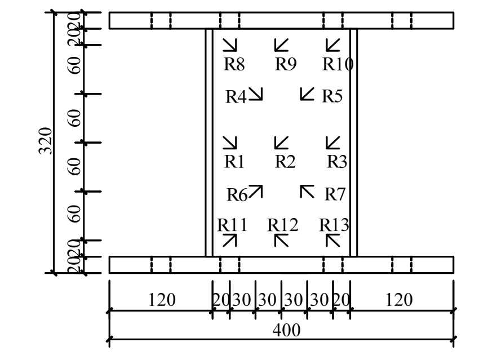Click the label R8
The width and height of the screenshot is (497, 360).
(x=234, y=64)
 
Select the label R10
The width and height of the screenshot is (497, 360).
(x=338, y=64)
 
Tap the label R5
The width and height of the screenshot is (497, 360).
(x=332, y=96)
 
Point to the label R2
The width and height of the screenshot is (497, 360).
(x=285, y=162)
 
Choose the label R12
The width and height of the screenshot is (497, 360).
(x=282, y=225)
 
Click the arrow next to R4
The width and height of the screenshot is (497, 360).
(x=256, y=94)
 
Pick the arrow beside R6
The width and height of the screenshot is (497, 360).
(x=256, y=192)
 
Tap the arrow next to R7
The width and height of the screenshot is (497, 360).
(x=307, y=192)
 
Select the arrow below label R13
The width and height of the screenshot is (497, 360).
(x=334, y=241)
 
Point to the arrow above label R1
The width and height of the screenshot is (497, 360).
(x=230, y=143)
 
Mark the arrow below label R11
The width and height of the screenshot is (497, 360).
(x=230, y=241)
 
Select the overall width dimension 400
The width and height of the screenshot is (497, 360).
(x=286, y=330)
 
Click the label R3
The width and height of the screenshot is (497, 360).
(x=337, y=162)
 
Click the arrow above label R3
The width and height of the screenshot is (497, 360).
(x=334, y=143)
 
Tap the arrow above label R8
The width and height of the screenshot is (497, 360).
(x=230, y=45)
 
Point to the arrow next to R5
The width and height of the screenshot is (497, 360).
(x=307, y=94)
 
